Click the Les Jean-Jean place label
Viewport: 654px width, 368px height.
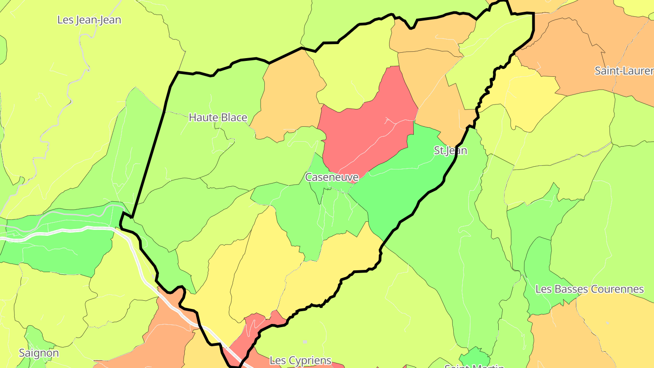click(89, 20)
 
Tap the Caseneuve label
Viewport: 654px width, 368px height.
click(332, 177)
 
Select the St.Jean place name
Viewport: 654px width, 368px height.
click(450, 150)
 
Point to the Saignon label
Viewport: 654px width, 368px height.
click(39, 353)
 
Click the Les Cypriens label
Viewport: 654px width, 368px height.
click(300, 361)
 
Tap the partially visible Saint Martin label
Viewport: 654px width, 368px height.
click(474, 365)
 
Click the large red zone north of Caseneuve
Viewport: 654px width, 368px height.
click(368, 123)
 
